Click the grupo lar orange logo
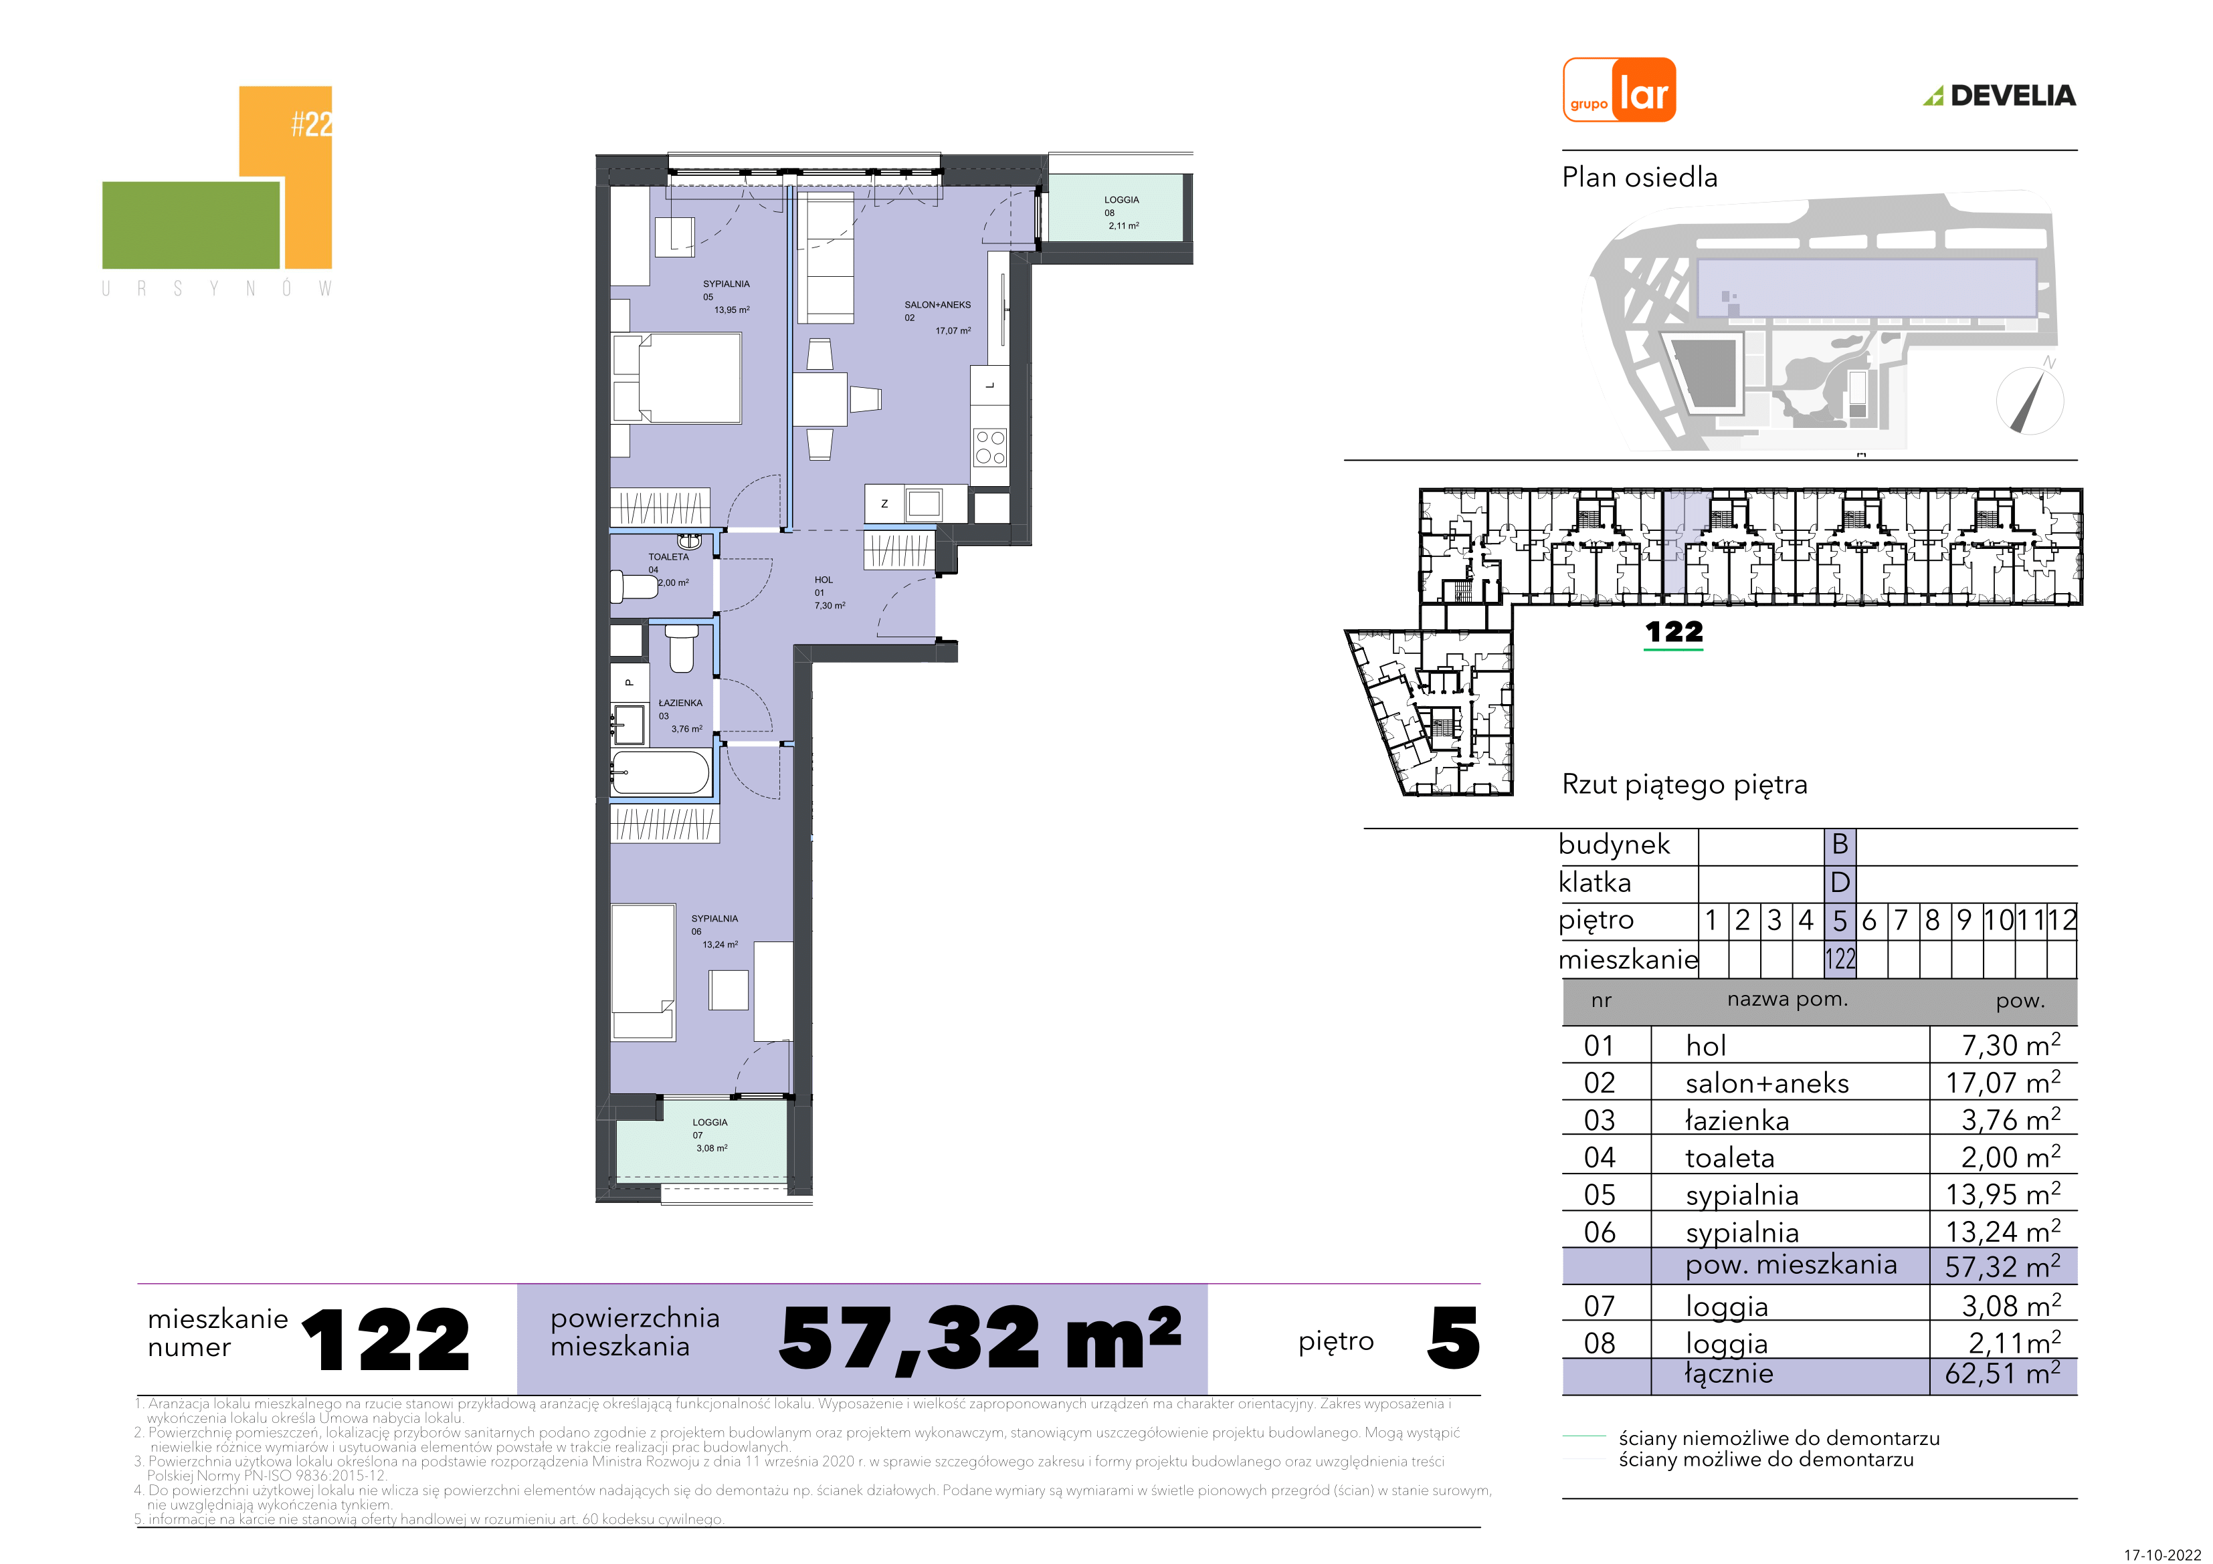1619,90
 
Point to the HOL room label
823,580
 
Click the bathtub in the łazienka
661,773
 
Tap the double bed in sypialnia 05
678,378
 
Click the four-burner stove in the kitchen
990,448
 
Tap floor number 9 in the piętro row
1964,920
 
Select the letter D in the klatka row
1840,882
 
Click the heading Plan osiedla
1640,177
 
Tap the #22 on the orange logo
311,123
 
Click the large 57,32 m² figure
980,1339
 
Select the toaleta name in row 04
1729,1157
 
